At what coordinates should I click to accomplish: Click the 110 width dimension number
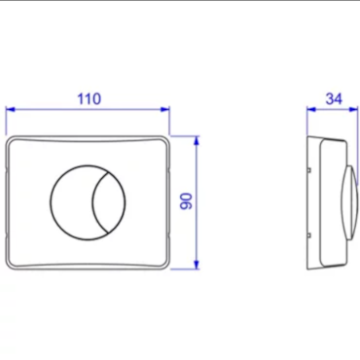pos(90,99)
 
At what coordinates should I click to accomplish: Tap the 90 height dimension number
pos(187,201)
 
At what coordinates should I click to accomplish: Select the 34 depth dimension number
pos(334,99)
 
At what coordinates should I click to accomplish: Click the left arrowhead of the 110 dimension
pos(11,109)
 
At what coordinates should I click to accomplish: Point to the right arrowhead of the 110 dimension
pos(165,109)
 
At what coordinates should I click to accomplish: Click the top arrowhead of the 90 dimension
pos(197,141)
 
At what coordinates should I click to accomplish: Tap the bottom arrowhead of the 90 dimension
pos(197,265)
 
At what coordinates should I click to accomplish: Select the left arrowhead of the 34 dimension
pos(311,109)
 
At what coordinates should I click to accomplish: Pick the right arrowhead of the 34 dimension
pos(353,109)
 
